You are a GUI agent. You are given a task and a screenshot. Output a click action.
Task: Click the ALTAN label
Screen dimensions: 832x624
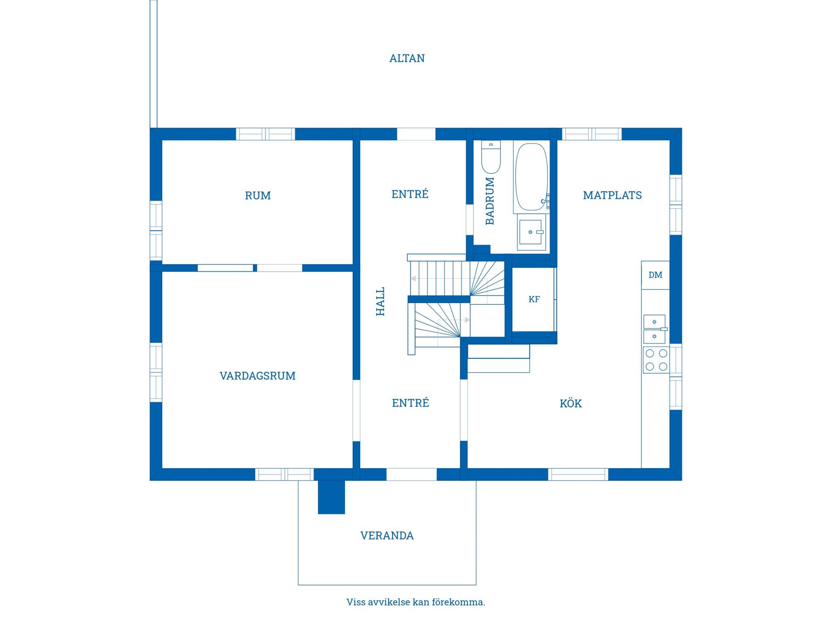407,58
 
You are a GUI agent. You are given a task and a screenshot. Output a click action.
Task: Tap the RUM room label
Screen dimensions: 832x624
258,196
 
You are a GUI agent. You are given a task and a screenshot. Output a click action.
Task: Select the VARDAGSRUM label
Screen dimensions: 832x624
258,376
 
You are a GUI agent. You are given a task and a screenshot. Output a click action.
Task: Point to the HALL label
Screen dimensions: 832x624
380,301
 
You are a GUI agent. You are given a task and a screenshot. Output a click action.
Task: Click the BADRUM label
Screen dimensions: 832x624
490,201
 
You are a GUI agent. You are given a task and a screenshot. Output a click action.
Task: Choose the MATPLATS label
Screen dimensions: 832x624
612,195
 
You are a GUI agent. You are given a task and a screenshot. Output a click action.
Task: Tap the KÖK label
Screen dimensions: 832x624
570,403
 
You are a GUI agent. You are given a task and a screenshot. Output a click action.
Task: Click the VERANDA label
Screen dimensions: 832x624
387,535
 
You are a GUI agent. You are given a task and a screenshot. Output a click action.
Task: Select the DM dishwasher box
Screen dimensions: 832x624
655,275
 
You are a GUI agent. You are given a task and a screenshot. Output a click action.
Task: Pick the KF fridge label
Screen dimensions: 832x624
534,299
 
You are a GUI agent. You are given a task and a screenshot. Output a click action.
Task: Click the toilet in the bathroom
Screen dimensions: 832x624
491,157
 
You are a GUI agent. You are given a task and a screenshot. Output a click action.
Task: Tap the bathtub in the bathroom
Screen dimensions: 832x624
531,177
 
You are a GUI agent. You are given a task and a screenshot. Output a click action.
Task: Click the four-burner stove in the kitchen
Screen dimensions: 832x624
656,360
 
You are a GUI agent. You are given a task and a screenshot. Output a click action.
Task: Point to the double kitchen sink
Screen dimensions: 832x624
655,329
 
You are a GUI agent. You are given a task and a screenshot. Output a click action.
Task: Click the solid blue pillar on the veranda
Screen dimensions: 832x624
331,497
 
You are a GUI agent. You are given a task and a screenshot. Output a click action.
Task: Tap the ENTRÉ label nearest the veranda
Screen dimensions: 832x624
410,403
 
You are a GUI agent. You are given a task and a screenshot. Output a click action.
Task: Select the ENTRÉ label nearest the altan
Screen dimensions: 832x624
410,194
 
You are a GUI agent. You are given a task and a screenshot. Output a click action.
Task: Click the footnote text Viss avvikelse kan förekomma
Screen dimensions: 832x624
416,602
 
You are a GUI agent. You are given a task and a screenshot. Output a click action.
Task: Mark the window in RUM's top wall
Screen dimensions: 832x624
266,134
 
